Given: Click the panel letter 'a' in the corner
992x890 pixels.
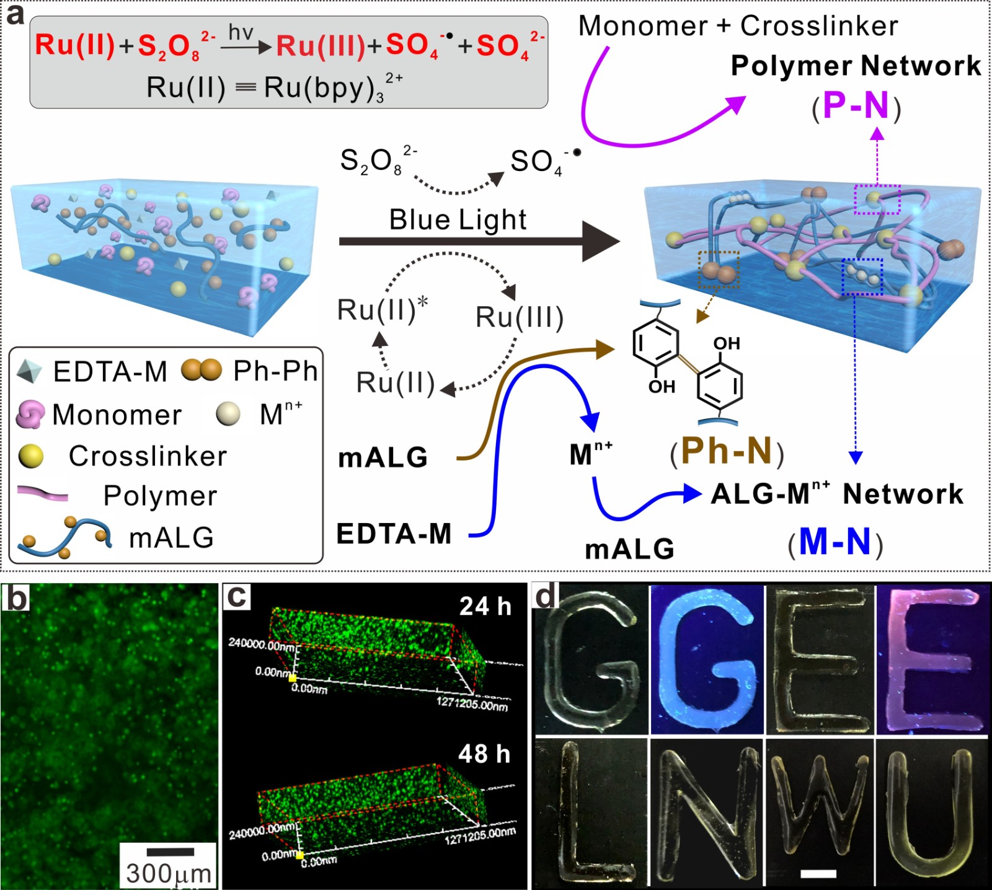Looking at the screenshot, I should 15,14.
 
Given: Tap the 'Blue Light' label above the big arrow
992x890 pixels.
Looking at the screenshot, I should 458,220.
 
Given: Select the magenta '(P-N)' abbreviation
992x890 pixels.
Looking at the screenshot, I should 856,107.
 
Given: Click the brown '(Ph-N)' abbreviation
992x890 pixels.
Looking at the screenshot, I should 727,452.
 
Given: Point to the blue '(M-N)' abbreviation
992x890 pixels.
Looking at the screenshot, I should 835,542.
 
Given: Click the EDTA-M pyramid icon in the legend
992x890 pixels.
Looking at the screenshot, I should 29,371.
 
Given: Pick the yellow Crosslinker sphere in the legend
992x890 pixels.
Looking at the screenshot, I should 31,456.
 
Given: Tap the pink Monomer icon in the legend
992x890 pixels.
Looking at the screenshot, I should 30,414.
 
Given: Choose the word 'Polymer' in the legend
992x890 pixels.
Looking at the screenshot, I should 160,496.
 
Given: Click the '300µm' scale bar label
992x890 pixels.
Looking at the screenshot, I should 169,873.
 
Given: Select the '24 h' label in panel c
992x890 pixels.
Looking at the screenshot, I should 485,606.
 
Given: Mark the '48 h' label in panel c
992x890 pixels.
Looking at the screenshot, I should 484,754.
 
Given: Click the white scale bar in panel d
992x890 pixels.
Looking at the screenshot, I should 818,874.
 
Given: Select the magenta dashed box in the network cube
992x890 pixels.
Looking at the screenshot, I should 877,199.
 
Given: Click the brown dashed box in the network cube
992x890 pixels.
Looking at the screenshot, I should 719,270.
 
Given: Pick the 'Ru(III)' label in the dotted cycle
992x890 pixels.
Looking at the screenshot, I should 520,317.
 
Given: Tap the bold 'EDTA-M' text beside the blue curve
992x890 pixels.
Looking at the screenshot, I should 394,534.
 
